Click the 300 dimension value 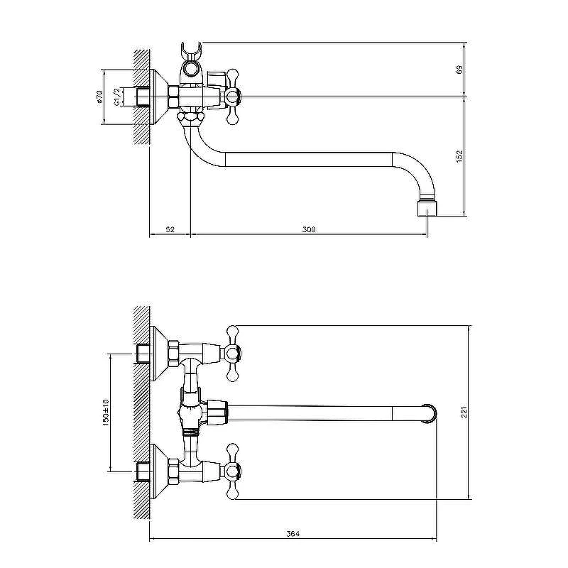coord(309,229)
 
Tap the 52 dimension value coord(170,229)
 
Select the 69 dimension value coord(459,70)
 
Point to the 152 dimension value coord(459,156)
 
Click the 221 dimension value coord(464,413)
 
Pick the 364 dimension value coord(293,534)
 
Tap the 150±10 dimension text coord(105,413)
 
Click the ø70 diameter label coord(99,97)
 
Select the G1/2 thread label coord(117,97)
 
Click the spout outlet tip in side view coord(427,209)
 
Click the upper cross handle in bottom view coord(233,353)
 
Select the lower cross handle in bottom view coord(233,471)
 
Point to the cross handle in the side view coord(233,97)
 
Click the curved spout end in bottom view coord(430,413)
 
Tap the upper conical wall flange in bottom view coord(159,353)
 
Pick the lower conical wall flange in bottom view coord(159,471)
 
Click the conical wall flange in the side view coord(159,97)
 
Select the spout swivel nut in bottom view coord(217,413)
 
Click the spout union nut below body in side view coord(190,118)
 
